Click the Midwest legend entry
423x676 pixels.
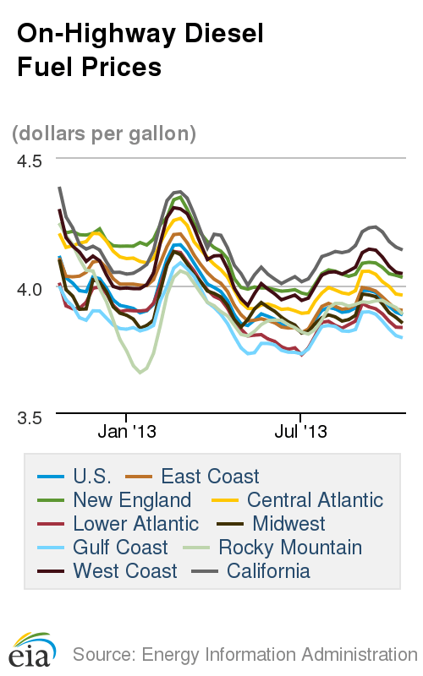pos(288,524)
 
